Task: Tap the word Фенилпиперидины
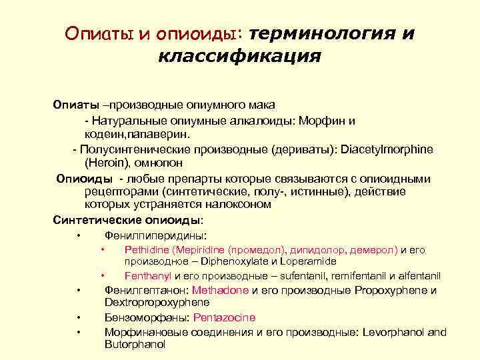(155, 235)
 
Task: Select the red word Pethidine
(147, 250)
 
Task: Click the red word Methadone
(220, 291)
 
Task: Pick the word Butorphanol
(135, 344)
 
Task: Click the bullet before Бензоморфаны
(79, 317)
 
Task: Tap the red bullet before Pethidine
(103, 250)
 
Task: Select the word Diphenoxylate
(228, 261)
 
